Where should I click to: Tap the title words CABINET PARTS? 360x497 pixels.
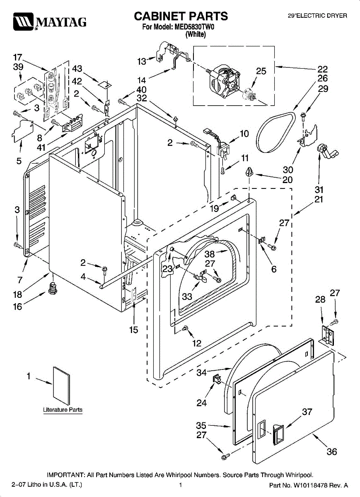coord(181,16)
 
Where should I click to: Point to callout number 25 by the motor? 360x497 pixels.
coord(261,71)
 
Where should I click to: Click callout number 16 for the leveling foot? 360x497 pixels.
coord(18,307)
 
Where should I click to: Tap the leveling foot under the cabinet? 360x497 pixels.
coord(53,287)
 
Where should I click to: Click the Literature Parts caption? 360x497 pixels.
coord(63,410)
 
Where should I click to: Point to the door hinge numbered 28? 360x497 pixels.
coord(327,333)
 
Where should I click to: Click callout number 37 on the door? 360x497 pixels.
coord(307,412)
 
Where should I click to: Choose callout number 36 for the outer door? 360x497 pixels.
coord(332,451)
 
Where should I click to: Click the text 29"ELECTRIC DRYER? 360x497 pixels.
coord(317,16)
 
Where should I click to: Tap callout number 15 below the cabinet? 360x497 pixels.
coord(133,330)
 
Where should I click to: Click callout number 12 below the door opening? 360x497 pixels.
coord(197,343)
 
